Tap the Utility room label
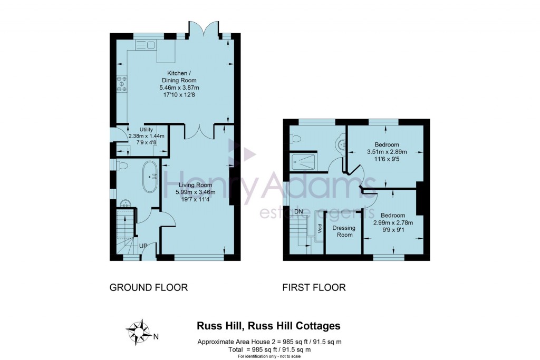point(146,129)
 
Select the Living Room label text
point(195,185)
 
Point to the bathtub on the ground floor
point(149,177)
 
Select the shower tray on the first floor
point(303,161)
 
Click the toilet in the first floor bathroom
point(296,139)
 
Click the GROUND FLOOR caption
point(148,287)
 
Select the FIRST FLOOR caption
point(314,287)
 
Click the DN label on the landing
point(299,212)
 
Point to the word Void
point(320,228)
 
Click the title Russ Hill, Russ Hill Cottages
point(268,326)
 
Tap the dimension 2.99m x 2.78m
point(393,222)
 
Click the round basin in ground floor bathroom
point(126,204)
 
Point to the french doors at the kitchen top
point(203,27)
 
